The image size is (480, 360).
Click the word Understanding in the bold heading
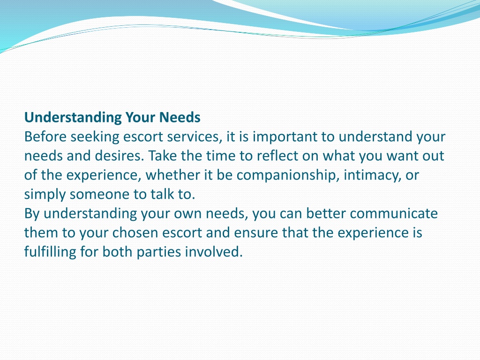tap(73, 118)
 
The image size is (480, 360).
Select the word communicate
tap(394, 214)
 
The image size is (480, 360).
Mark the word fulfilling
tap(50, 253)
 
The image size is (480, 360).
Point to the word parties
tap(159, 253)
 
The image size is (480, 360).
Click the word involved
tap(214, 252)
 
